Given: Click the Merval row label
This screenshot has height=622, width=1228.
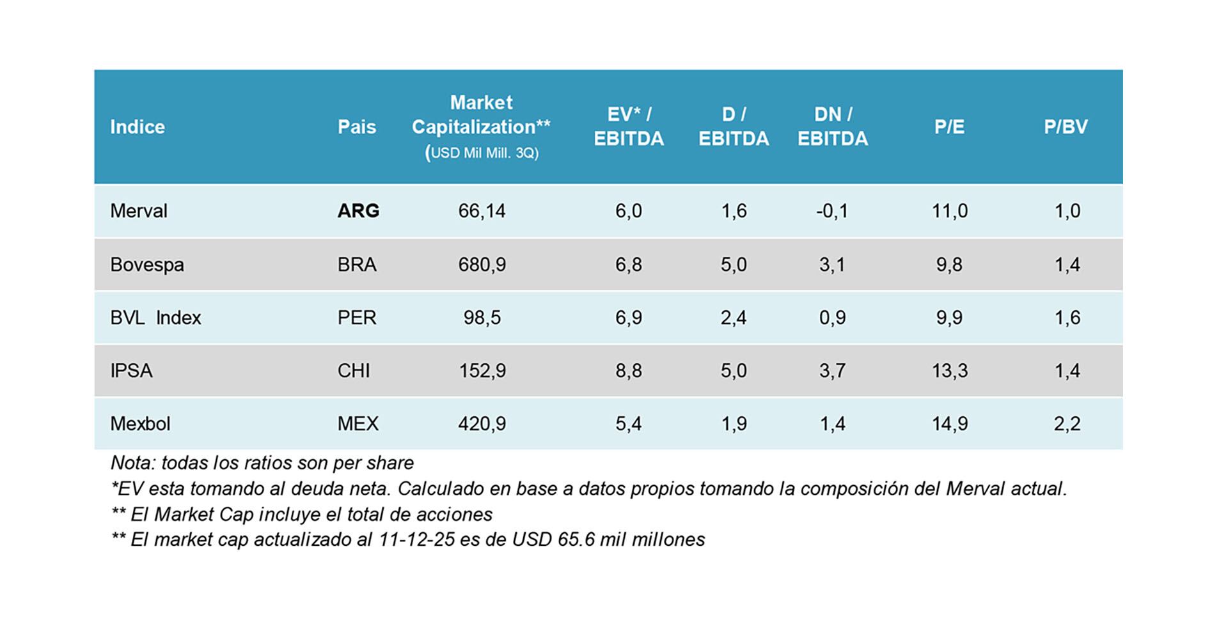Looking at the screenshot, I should [x=138, y=211].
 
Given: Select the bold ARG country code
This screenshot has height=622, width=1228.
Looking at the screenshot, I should [x=358, y=211].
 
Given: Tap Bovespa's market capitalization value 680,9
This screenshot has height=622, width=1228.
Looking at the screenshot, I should [x=482, y=265].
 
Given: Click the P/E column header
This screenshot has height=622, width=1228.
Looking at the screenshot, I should [x=949, y=127].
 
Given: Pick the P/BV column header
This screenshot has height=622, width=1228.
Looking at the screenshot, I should [x=1066, y=127].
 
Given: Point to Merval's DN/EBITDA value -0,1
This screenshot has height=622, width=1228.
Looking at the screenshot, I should [x=832, y=211].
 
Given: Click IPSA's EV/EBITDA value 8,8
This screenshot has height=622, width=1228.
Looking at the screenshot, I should [x=628, y=371].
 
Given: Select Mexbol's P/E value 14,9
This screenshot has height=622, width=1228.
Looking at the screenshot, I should [x=949, y=424].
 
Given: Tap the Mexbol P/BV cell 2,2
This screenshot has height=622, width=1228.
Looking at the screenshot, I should [x=1067, y=424].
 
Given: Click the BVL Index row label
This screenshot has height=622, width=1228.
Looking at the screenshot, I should [x=155, y=318].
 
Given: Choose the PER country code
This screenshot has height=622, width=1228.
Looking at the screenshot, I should [x=357, y=318].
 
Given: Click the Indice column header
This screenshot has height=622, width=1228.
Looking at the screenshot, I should [x=137, y=127].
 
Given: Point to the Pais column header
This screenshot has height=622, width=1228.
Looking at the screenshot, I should [x=357, y=127].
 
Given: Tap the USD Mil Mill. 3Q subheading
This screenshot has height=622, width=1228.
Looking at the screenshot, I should [x=482, y=153].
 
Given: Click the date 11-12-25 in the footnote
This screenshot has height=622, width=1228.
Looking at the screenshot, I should [x=416, y=540].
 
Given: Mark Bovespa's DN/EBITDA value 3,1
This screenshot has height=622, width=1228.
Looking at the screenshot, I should [x=832, y=265].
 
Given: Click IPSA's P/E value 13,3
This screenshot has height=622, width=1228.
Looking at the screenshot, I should [x=949, y=371].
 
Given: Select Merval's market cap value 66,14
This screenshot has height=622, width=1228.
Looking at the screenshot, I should [x=482, y=211].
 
